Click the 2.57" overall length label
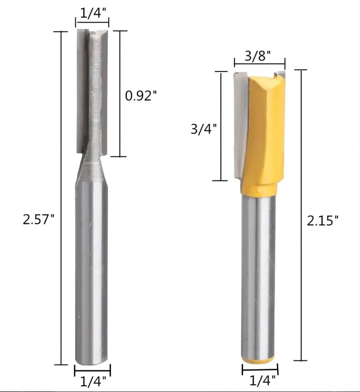pyautogui.click(x=38, y=219)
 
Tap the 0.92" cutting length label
pyautogui.click(x=141, y=95)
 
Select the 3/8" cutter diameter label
pyautogui.click(x=258, y=56)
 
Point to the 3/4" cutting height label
pyautogui.click(x=204, y=129)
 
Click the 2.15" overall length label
pyautogui.click(x=323, y=220)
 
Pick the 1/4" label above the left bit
pyautogui.click(x=93, y=13)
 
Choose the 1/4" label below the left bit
pyautogui.click(x=93, y=382)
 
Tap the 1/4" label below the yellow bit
pyautogui.click(x=262, y=381)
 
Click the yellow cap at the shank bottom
pyautogui.click(x=258, y=360)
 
